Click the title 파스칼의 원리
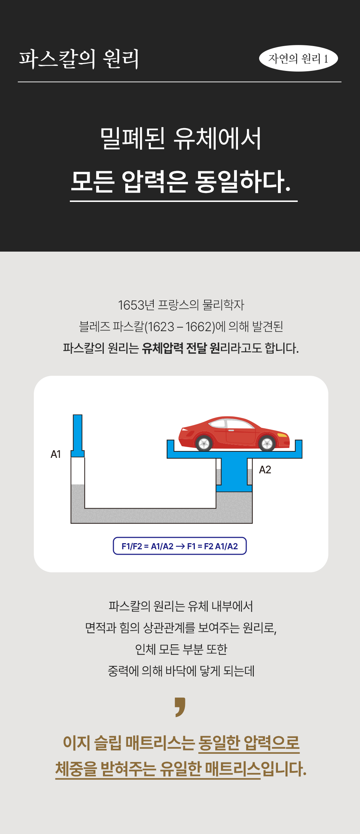pos(79,59)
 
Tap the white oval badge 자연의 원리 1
pos(298,58)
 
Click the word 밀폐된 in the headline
pos(132,139)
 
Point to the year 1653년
pos(136,305)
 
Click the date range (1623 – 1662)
pos(180,327)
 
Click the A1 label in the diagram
pos(56,454)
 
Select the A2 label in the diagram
pos(265,470)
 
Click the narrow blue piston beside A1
pos(78,436)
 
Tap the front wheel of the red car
pos(267,443)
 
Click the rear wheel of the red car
pos(204,443)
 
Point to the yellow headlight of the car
pos(283,435)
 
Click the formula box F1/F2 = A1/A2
pos(180,546)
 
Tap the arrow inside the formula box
pos(180,546)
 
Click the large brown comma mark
pos(180,707)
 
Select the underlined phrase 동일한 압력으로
pos(249,743)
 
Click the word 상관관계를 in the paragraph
pos(169,628)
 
